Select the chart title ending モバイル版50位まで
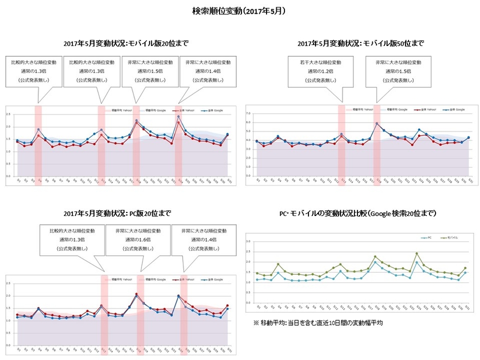coord(361,43)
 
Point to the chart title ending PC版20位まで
coord(117,213)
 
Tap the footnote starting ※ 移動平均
coord(318,323)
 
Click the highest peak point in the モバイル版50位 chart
coord(377,123)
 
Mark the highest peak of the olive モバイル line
coord(417,253)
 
